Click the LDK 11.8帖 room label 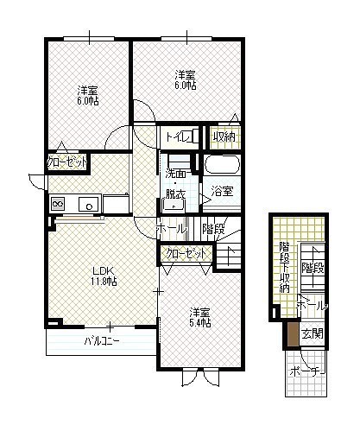click(104, 276)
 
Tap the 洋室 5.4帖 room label click(200, 318)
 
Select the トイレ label click(177, 137)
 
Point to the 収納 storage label click(224, 137)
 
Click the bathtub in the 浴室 click(222, 165)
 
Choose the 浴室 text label click(222, 191)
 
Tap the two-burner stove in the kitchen click(58, 204)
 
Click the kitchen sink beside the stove click(90, 204)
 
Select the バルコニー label click(102, 341)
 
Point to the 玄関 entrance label click(313, 333)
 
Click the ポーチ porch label click(307, 371)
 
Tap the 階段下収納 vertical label click(284, 268)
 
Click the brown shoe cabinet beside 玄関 click(293, 334)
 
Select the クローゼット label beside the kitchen click(66, 162)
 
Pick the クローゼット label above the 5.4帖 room click(186, 254)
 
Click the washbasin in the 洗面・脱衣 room click(173, 206)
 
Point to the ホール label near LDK click(170, 229)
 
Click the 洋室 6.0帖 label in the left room click(88, 96)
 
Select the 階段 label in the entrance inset click(313, 268)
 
